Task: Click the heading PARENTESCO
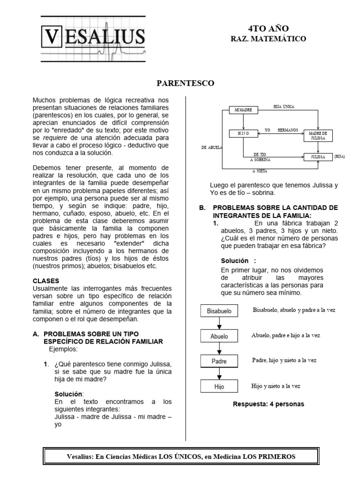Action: point(185,83)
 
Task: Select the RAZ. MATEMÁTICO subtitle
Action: point(268,38)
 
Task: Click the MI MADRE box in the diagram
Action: point(244,110)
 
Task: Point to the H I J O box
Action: point(244,134)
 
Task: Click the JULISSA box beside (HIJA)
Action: point(318,157)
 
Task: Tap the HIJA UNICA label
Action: point(284,107)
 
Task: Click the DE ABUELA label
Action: point(211,147)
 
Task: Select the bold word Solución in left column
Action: point(68,394)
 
